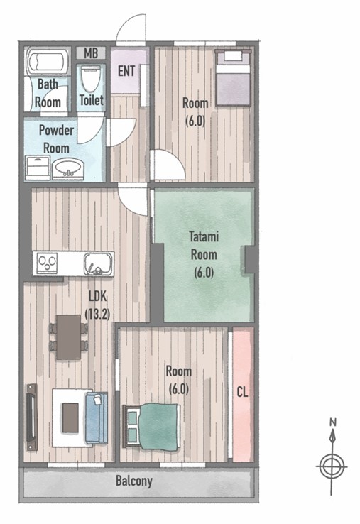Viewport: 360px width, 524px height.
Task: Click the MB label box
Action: [91, 53]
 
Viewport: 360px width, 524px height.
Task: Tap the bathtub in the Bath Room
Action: [46, 62]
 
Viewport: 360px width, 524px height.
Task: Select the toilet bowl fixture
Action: [91, 79]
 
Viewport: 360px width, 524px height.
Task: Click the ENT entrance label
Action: [126, 71]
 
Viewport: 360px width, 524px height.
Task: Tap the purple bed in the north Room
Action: [233, 78]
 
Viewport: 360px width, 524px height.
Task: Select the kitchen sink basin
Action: [99, 264]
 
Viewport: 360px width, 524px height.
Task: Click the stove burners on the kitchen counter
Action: [47, 263]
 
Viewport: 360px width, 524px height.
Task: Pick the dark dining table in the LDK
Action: [69, 337]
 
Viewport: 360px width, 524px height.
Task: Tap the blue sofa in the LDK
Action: [97, 417]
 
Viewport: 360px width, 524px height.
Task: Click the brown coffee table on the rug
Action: [70, 417]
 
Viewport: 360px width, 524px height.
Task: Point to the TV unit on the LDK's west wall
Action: [32, 417]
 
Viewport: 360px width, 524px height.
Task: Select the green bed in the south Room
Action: [152, 426]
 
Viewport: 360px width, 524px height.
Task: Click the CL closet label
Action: [242, 392]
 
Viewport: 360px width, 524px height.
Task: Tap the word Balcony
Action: [134, 481]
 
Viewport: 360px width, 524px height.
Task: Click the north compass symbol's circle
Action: [332, 466]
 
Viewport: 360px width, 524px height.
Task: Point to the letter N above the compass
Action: [332, 422]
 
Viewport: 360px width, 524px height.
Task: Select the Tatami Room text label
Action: [204, 246]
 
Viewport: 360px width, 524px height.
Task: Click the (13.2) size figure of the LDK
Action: [97, 315]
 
